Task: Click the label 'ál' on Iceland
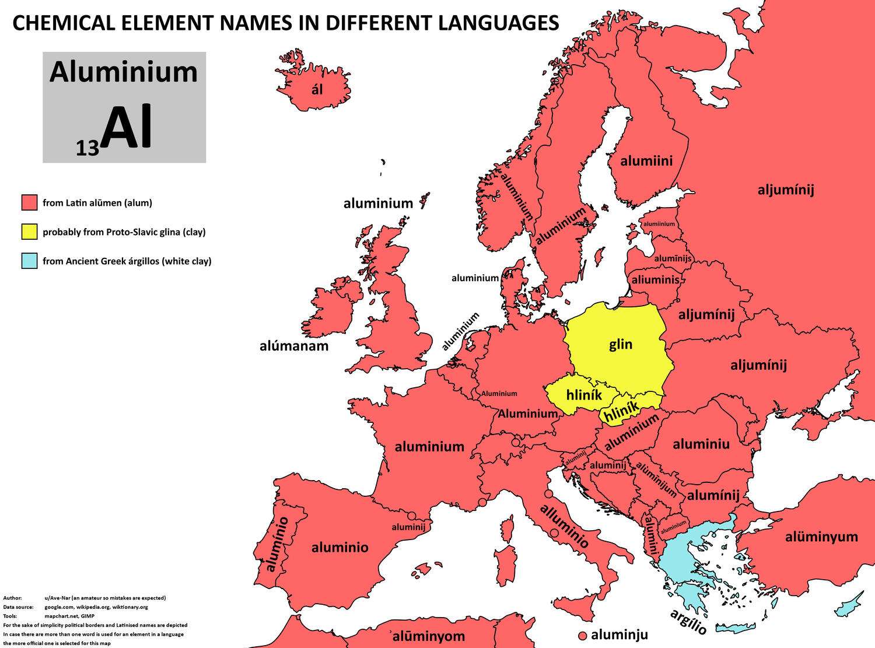pyautogui.click(x=317, y=90)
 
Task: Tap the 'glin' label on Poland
pyautogui.click(x=621, y=344)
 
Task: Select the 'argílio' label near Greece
pyautogui.click(x=688, y=622)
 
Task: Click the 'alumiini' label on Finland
pyautogui.click(x=646, y=161)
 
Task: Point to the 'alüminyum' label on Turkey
pyautogui.click(x=821, y=537)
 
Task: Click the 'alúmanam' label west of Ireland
pyautogui.click(x=294, y=346)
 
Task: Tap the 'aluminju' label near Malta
pyautogui.click(x=619, y=635)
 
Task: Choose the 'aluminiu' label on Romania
pyautogui.click(x=701, y=444)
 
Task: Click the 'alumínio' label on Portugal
pyautogui.click(x=277, y=544)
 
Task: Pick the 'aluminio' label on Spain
pyautogui.click(x=340, y=547)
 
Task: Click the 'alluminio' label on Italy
pyautogui.click(x=564, y=526)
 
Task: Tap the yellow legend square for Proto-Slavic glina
pyautogui.click(x=29, y=232)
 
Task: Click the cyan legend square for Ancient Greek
pyautogui.click(x=29, y=261)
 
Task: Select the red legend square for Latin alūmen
pyautogui.click(x=29, y=203)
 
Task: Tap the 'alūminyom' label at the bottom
pyautogui.click(x=428, y=636)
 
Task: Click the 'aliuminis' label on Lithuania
pyautogui.click(x=656, y=280)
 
